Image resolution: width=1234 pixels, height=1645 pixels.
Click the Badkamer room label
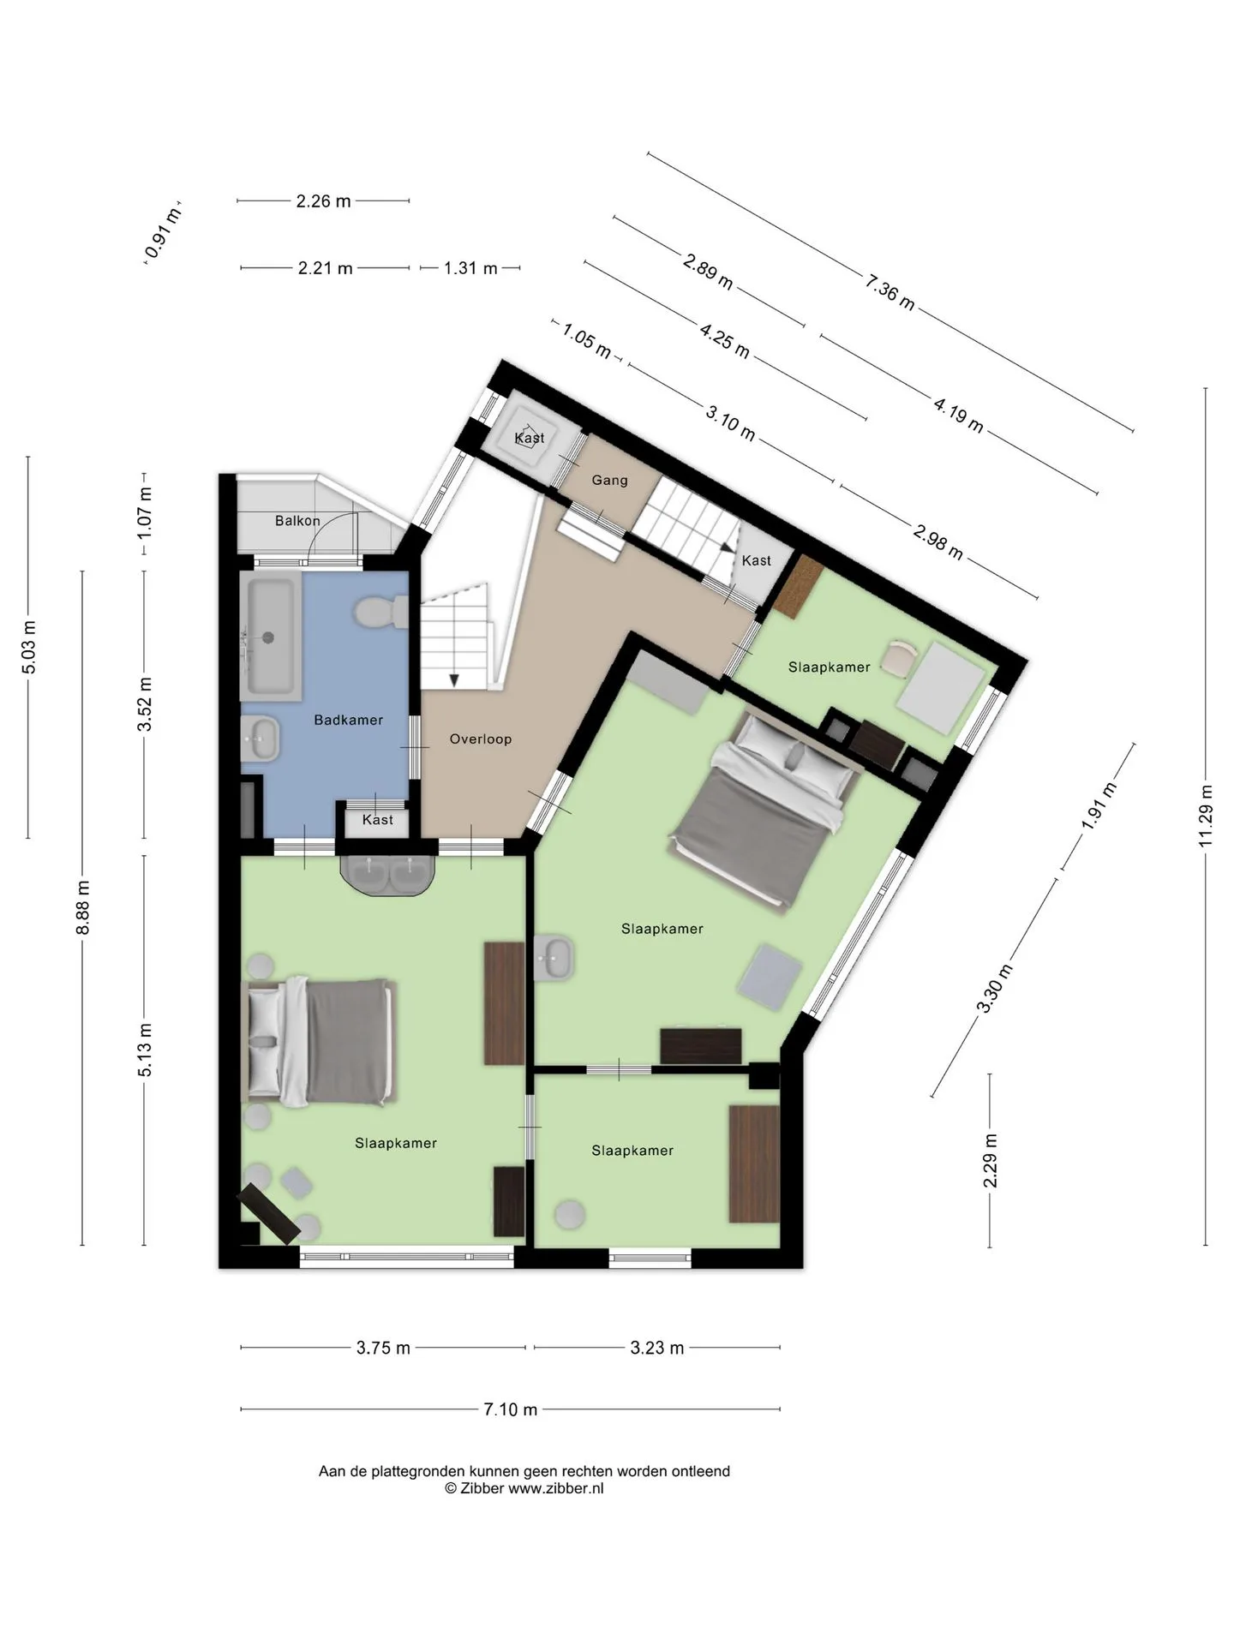(x=348, y=720)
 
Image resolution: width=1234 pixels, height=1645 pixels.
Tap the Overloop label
(x=481, y=739)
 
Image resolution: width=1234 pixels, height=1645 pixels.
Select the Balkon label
(x=297, y=520)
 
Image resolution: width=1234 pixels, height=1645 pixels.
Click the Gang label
(x=610, y=480)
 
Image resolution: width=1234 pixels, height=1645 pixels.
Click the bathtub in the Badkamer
(x=272, y=636)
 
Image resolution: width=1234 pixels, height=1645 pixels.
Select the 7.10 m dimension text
(x=511, y=1409)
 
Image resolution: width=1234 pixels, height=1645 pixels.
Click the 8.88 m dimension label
(x=82, y=908)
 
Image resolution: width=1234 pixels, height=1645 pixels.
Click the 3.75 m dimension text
(x=383, y=1348)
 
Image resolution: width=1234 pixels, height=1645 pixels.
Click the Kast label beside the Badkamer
(x=378, y=820)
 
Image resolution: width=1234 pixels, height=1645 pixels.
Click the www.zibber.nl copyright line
(x=524, y=1488)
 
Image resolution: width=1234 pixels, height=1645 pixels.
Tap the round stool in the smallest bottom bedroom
(x=570, y=1214)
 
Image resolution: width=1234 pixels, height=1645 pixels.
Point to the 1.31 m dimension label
(x=470, y=268)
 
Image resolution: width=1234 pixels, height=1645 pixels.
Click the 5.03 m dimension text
(x=28, y=647)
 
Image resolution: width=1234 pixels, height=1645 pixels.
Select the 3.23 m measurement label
(x=657, y=1348)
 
